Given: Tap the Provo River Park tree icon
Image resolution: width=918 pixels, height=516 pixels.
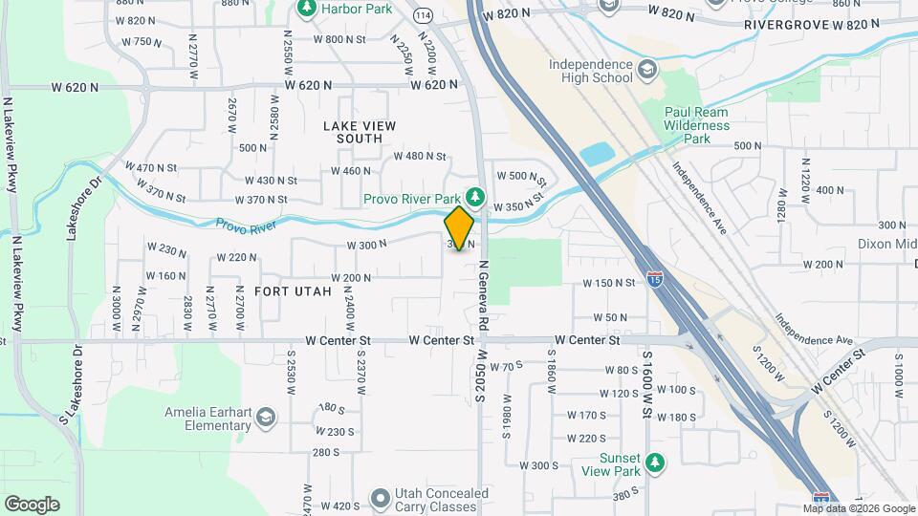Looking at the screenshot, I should point(471,199).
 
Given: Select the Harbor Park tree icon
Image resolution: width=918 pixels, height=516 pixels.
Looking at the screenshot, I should point(307,9).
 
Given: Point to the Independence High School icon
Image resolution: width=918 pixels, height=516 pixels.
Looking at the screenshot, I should point(647,70).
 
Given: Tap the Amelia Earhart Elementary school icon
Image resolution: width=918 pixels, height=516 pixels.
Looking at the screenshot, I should point(265,418).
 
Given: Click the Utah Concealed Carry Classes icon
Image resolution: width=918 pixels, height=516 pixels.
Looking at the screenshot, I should point(381,498).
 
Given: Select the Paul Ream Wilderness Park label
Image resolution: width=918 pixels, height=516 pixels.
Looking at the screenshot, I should point(696,125).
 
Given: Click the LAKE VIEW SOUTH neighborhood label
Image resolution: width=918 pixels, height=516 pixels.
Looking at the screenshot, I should point(359,132).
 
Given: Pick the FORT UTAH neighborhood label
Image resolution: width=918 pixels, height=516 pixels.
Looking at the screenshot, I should point(293,290).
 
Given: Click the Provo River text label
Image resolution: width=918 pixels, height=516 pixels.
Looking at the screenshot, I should point(246,226).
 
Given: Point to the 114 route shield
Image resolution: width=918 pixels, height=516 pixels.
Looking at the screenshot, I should point(422,14).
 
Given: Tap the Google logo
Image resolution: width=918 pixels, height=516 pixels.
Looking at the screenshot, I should point(32,504).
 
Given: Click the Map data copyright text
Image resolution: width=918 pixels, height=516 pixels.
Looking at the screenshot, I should point(858,508).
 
